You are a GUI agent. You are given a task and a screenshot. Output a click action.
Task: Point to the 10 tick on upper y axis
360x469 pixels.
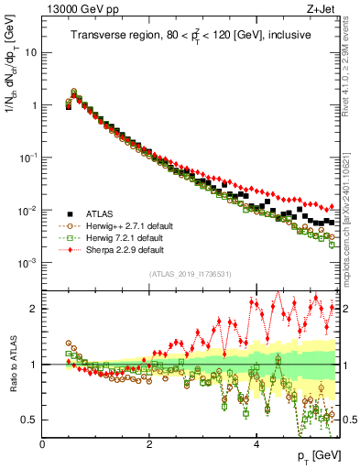tap(31, 52)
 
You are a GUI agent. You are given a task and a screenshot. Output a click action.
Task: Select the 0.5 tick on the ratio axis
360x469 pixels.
tap(31, 420)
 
